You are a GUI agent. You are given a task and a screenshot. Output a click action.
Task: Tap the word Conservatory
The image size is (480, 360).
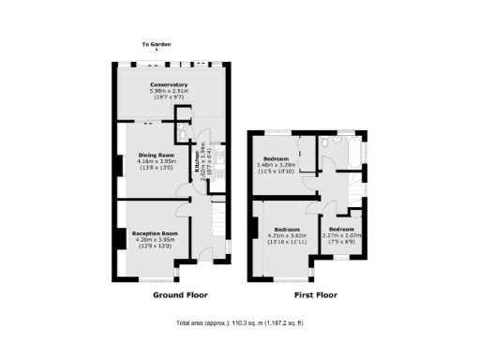pyautogui.click(x=170, y=85)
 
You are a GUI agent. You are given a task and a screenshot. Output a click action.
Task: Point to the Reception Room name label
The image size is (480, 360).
pyautogui.click(x=155, y=232)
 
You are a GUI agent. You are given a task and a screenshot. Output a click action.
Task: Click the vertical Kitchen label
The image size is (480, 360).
pyautogui.click(x=198, y=167)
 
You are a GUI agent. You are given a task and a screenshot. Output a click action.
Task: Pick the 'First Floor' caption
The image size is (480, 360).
pyautogui.click(x=315, y=294)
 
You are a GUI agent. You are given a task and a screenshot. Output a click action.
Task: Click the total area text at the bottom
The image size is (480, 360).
pyautogui.click(x=239, y=323)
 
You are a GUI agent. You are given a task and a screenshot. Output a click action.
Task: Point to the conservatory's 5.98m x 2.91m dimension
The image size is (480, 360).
pyautogui.click(x=170, y=92)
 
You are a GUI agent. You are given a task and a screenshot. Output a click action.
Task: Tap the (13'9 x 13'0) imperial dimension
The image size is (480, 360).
pyautogui.click(x=155, y=246)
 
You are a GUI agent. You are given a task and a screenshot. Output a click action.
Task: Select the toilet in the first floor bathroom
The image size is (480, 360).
pyautogui.click(x=325, y=142)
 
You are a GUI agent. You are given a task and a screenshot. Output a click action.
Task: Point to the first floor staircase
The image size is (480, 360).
pyautogui.click(x=354, y=192)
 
